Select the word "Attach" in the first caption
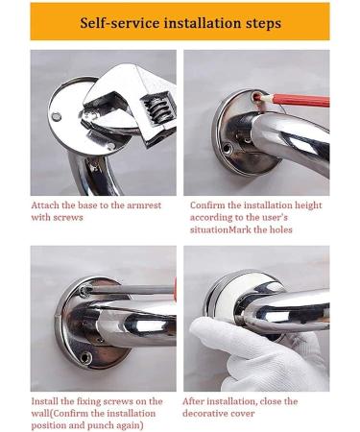point(48,204)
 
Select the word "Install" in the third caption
point(48,400)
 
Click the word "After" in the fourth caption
point(200,400)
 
